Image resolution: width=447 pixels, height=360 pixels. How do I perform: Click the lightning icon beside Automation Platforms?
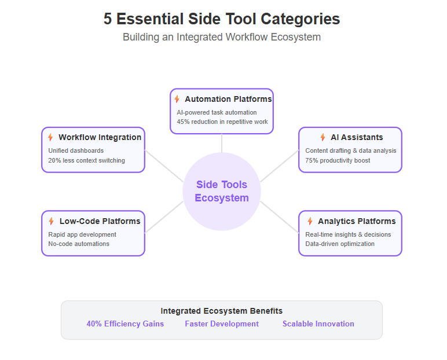point(177,99)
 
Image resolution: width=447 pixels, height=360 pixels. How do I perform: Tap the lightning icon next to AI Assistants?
point(323,137)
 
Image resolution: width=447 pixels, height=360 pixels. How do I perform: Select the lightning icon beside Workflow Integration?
point(50,137)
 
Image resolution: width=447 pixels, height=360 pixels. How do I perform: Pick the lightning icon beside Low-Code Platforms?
point(52,221)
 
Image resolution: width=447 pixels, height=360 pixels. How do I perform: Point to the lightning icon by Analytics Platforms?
point(310,221)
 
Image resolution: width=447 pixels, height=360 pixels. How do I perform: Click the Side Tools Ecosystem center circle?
point(222,192)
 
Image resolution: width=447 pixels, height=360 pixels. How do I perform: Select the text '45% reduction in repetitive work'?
point(222,122)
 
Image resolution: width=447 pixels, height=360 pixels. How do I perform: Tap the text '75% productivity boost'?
point(338,160)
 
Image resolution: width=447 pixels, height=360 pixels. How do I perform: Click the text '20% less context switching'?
point(86,160)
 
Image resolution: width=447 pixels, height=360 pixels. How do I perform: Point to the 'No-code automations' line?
point(79,244)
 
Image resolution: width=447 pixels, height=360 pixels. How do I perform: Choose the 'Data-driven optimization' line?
point(340,244)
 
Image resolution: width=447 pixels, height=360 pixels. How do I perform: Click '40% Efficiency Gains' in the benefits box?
point(125,324)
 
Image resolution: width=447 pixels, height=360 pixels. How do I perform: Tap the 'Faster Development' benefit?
point(222,324)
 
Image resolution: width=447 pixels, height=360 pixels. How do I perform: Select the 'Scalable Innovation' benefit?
point(318,324)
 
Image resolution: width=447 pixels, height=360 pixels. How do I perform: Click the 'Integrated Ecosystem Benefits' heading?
point(222,311)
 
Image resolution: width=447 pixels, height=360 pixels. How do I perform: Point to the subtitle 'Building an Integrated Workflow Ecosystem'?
point(222,38)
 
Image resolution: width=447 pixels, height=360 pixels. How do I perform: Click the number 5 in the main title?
point(108,19)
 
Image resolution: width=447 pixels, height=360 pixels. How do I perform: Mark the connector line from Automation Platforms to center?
point(222,143)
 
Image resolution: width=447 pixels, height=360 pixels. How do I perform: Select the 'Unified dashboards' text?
point(76,150)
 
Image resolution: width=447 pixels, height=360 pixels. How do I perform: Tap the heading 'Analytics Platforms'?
point(357,221)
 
